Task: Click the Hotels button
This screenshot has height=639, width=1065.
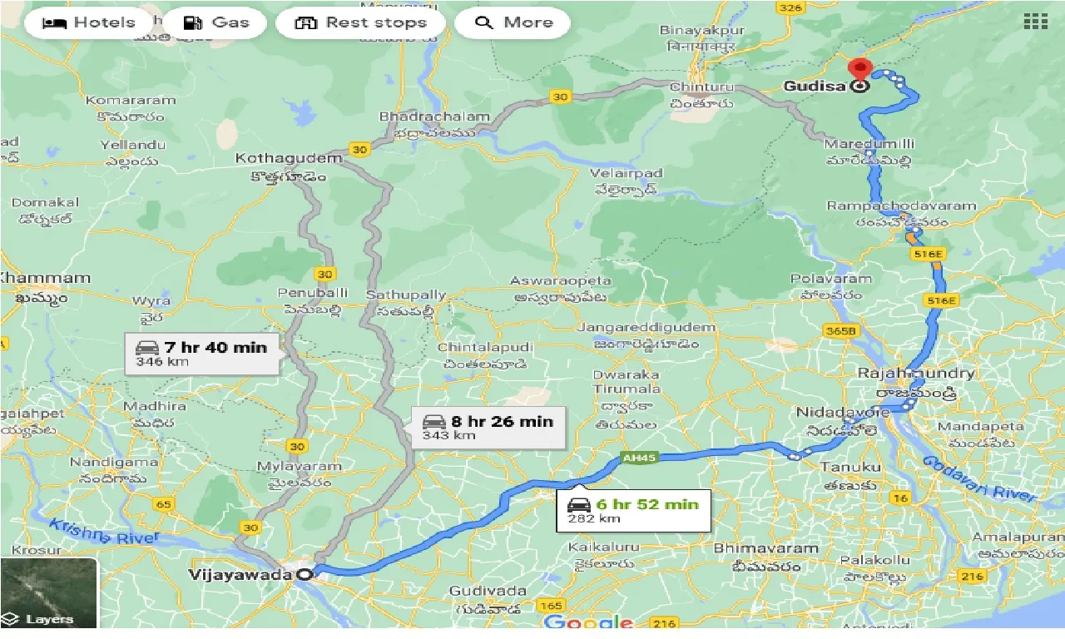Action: pos(89,22)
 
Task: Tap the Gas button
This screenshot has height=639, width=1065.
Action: pos(215,22)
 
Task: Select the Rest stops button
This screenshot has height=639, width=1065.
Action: pos(360,22)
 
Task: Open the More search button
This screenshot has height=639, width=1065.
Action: pos(513,22)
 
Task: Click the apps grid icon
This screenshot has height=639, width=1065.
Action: pos(1035,22)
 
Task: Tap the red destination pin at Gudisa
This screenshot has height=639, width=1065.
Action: pos(858,69)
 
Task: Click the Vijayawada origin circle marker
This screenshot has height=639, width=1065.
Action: pos(305,574)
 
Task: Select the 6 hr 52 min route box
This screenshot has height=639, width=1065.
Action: pos(633,510)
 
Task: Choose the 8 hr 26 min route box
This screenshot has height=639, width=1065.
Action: pos(488,427)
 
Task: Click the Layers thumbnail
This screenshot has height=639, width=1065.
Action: pos(48,592)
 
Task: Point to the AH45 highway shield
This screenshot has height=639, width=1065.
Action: pos(632,458)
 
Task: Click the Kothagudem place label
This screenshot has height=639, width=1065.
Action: pos(289,158)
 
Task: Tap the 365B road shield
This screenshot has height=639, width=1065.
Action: pos(840,330)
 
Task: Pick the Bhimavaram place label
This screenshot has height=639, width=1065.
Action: pos(755,548)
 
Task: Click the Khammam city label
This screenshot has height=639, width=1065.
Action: pos(46,278)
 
